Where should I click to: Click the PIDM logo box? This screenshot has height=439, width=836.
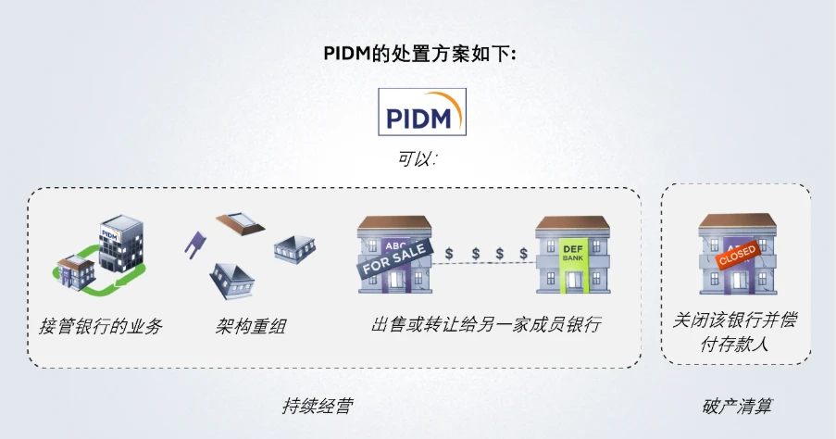(x=422, y=112)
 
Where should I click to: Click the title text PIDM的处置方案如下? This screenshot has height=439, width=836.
(x=419, y=54)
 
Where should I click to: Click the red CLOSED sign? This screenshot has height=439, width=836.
(x=737, y=256)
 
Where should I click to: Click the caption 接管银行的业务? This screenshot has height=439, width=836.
(x=100, y=326)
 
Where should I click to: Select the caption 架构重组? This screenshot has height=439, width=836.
(x=251, y=326)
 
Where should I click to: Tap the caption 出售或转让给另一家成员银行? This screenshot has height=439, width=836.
(x=486, y=324)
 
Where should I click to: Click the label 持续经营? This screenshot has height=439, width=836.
(x=318, y=406)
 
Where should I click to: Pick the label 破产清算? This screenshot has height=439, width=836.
(x=737, y=407)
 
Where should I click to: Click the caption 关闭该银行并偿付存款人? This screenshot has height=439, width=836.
(x=735, y=332)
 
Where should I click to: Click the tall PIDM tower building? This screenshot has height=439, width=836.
(x=121, y=242)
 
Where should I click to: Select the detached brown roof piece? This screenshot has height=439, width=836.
(x=240, y=223)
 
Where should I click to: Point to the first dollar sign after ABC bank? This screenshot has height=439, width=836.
(x=449, y=254)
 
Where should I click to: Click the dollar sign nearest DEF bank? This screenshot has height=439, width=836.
(x=524, y=254)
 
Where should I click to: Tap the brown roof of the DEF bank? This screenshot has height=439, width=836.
(x=573, y=222)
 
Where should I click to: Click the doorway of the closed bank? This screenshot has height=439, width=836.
(x=738, y=280)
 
